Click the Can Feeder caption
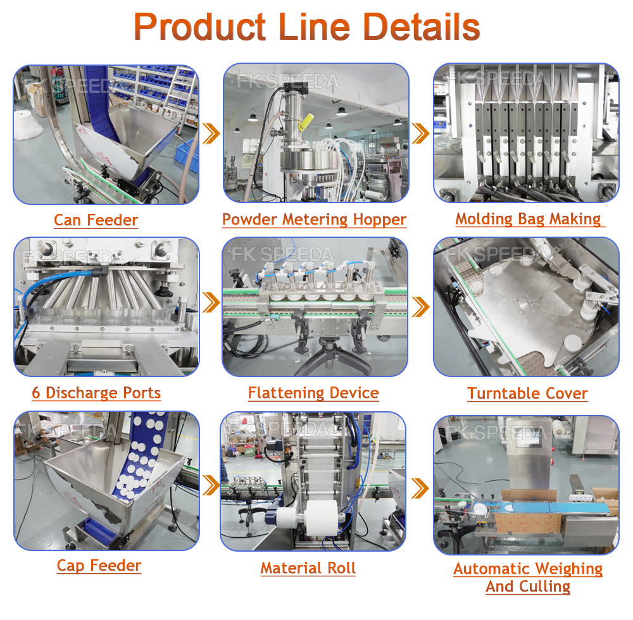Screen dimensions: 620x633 pos(96,220)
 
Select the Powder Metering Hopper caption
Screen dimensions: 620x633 pos(314,220)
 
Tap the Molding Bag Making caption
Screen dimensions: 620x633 pos(528,219)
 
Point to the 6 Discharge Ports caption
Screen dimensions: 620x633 pos(96,393)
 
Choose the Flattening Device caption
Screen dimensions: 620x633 pos(313,393)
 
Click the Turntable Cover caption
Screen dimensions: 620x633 pos(527,394)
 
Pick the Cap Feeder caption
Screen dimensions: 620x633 pos(99,565)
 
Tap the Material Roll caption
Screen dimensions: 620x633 pos(308,568)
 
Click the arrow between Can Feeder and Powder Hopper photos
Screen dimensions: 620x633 pos(211,133)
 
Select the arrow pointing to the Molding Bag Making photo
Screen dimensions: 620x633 pos(420,133)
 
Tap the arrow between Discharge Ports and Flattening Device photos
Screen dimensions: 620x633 pos(211,302)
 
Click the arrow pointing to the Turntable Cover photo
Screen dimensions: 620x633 pos(420,307)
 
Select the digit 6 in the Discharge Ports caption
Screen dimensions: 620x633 pos(36,393)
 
